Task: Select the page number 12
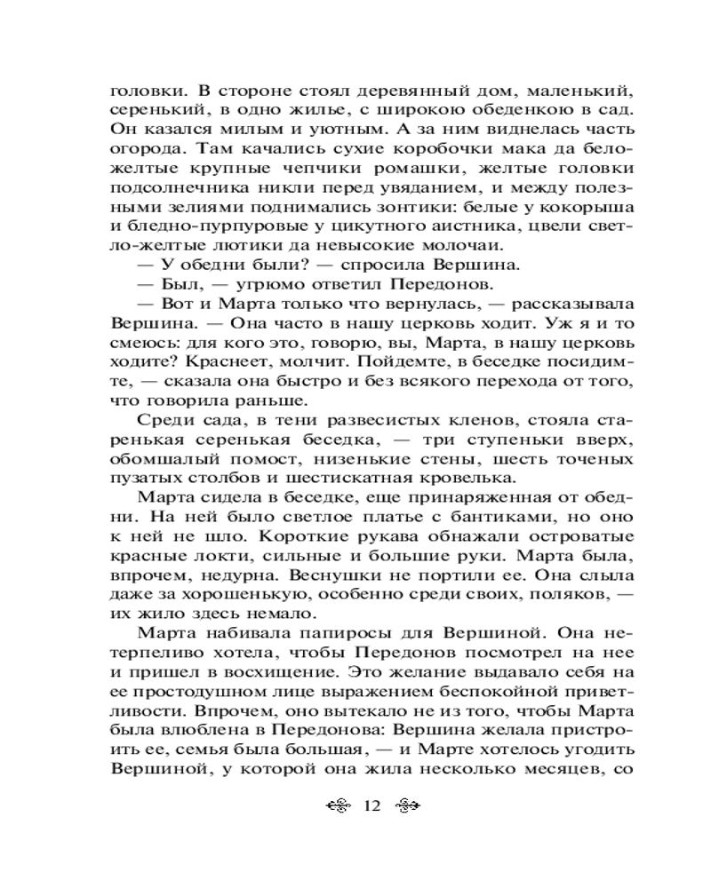pyautogui.click(x=372, y=806)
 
